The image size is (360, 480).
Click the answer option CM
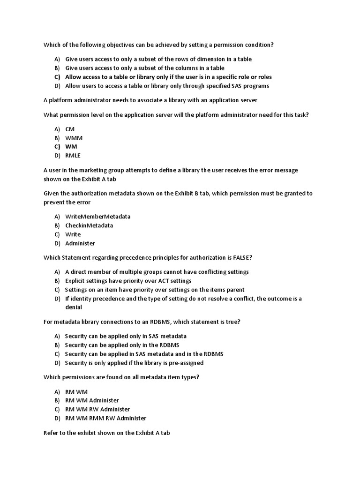coord(70,129)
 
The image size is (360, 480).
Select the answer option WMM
coord(74,138)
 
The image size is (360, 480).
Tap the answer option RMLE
coord(73,156)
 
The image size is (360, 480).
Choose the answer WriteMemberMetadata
coord(97,217)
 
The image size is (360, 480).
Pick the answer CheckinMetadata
coord(89,225)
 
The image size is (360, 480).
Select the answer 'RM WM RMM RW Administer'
coord(105,418)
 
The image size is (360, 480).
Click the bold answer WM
coord(71,147)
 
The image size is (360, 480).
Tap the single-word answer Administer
coord(80,243)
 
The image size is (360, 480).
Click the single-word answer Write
coord(73,234)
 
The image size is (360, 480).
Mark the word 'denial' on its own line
coord(74,307)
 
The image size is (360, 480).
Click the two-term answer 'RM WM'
coord(76,391)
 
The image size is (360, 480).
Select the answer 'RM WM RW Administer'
coord(97,409)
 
